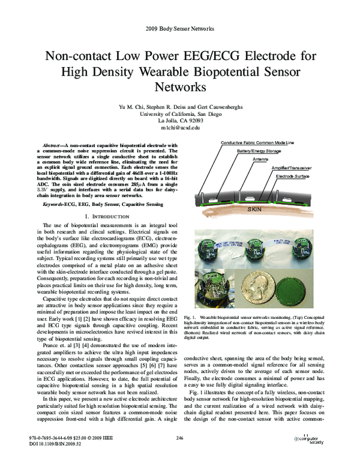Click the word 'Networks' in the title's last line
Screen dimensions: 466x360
click(x=179, y=87)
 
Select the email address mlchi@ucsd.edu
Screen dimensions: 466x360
click(x=179, y=128)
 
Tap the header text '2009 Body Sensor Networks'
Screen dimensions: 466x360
click(x=179, y=29)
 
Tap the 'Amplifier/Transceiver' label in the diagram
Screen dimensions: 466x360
click(x=291, y=168)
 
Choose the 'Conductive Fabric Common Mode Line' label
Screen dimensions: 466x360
click(x=257, y=143)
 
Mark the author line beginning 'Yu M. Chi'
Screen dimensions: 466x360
click(x=179, y=106)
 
